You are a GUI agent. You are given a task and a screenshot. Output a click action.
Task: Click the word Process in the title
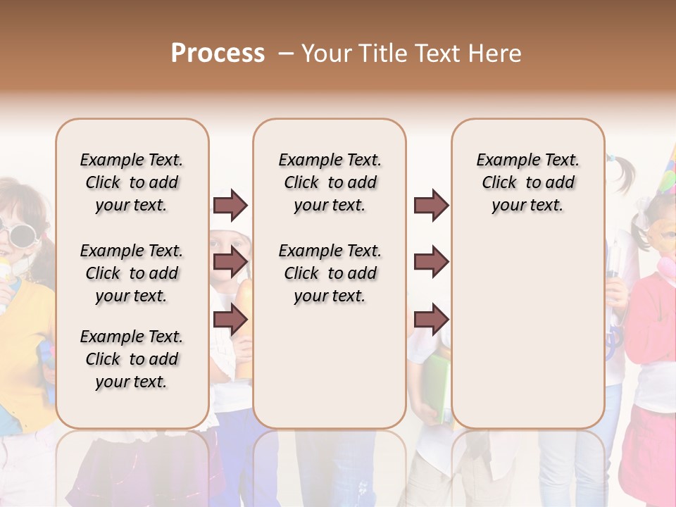pos(218,54)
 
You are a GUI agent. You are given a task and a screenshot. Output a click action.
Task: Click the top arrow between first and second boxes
pos(230,205)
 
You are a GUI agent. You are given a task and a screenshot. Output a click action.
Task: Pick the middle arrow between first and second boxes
pos(230,262)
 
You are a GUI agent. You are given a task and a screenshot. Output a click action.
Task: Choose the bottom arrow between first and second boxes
pos(230,319)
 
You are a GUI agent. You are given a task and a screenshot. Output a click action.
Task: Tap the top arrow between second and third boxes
pos(431,205)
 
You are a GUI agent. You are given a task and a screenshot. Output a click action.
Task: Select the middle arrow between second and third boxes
pos(431,262)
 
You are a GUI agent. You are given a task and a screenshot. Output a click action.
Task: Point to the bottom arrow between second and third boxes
pos(431,319)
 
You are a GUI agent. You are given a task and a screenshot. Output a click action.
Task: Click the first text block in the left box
pos(132,182)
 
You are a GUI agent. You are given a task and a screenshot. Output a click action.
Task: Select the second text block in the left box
pos(132,273)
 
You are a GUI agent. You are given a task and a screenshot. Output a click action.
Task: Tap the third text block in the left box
pos(132,359)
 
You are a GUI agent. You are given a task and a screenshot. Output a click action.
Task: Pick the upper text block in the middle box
pos(330,182)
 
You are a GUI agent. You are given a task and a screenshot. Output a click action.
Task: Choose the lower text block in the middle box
pos(330,273)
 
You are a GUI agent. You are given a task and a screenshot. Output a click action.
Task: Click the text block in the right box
pos(528,182)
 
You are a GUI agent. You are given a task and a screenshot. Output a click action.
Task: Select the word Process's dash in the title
pos(285,54)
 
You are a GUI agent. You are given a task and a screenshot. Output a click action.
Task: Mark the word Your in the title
pos(328,54)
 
